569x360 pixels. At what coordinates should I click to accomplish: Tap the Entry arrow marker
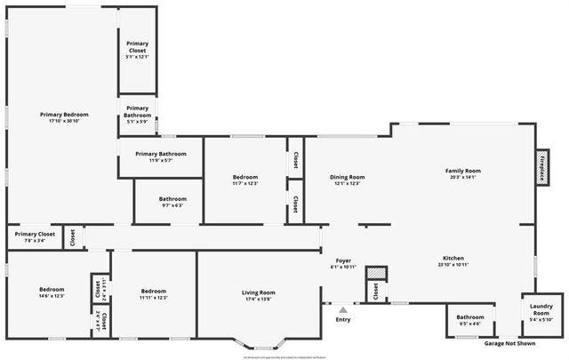[342, 310]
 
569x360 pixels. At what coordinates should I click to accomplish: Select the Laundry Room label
[541, 313]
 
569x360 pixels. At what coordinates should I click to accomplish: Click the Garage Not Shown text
[509, 343]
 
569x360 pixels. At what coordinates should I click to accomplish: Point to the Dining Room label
[347, 177]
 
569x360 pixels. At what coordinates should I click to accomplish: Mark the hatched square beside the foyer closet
[377, 273]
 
